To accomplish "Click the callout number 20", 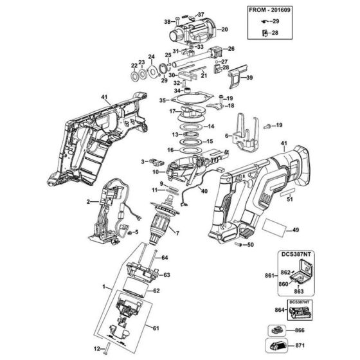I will click(x=224, y=30).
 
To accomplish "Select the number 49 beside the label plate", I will click(x=296, y=230).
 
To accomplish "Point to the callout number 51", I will click(x=289, y=199).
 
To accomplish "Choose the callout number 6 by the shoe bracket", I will click(x=226, y=136).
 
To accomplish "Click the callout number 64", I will click(x=165, y=258).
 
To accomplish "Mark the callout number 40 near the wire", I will click(x=204, y=190).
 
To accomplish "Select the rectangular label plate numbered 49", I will click(x=273, y=227).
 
